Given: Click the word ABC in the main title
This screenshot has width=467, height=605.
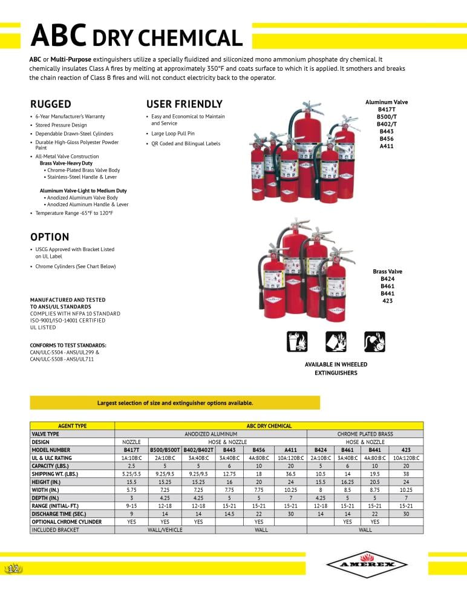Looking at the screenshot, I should coord(58,35).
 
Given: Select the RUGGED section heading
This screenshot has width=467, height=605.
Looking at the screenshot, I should coord(51,104).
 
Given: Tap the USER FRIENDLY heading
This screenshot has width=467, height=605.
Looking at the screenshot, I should coord(185,104).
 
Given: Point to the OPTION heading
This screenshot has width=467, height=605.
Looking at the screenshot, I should coord(50,237).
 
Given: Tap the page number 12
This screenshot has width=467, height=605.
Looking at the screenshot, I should coord(13,569).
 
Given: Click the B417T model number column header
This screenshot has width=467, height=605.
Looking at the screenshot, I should coord(131,450).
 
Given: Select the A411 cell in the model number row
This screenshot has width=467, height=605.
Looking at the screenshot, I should coord(290,450).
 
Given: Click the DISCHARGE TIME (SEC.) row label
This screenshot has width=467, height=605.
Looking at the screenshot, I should coord(57,514).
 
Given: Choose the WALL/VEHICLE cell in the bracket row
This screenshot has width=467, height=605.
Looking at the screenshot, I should coord(165,530).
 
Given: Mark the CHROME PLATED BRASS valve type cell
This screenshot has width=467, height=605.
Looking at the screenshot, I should coord(365,434).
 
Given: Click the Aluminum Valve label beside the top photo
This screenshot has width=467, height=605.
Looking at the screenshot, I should coord(387,102).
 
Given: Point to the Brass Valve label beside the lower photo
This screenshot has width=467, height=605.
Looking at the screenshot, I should coord(387,272).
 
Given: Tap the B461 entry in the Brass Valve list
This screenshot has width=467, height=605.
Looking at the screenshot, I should coord(387,286).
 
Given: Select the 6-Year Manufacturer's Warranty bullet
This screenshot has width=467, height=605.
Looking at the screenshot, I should coord(70,116).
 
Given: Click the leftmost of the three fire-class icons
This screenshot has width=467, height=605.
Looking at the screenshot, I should coord(297,342).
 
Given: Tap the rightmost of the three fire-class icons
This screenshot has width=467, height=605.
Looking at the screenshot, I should coord(374,342).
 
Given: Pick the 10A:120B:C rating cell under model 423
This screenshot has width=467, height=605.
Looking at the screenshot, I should coord(406,458).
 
